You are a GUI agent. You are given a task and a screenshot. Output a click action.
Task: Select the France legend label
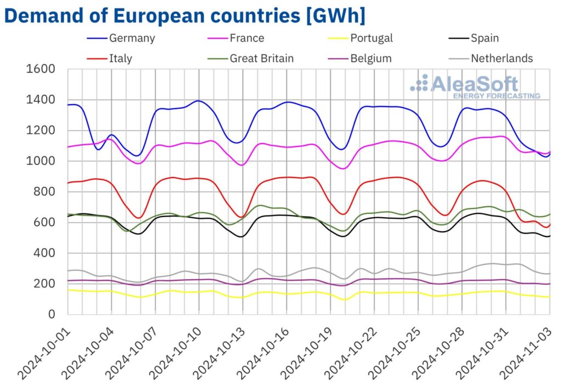(x=247, y=38)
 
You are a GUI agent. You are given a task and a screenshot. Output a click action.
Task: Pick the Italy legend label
(x=120, y=58)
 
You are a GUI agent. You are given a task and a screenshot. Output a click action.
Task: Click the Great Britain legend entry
(x=262, y=58)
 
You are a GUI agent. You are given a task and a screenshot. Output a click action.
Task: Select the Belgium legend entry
(x=371, y=58)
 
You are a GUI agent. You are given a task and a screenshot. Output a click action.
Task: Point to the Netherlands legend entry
(x=502, y=58)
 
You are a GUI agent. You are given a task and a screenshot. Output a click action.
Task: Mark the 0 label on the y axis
(x=53, y=315)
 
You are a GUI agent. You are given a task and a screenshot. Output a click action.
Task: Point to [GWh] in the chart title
(x=335, y=15)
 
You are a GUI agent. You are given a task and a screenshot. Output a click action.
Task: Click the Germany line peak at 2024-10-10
(x=198, y=101)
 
